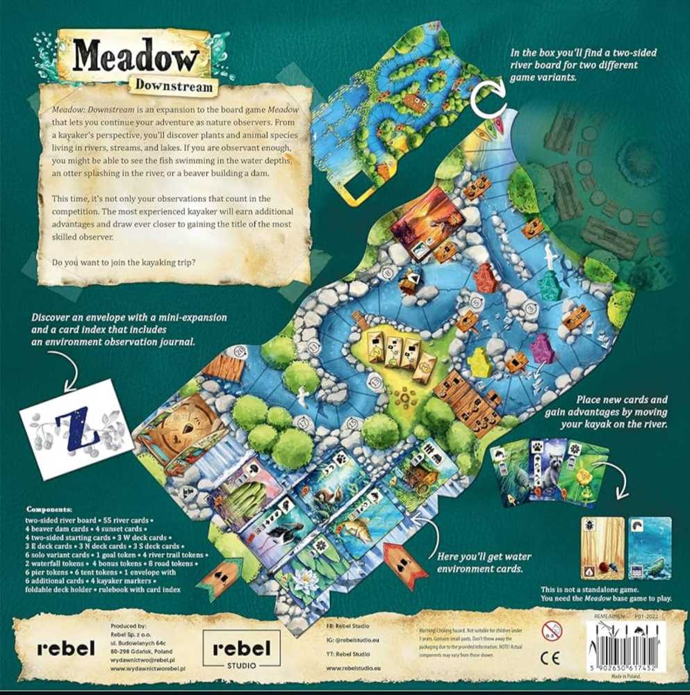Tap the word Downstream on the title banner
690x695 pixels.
174,85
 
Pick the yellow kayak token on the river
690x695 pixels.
477,361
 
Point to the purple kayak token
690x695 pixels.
539,345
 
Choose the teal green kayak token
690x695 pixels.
550,284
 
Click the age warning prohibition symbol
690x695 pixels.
551,629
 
